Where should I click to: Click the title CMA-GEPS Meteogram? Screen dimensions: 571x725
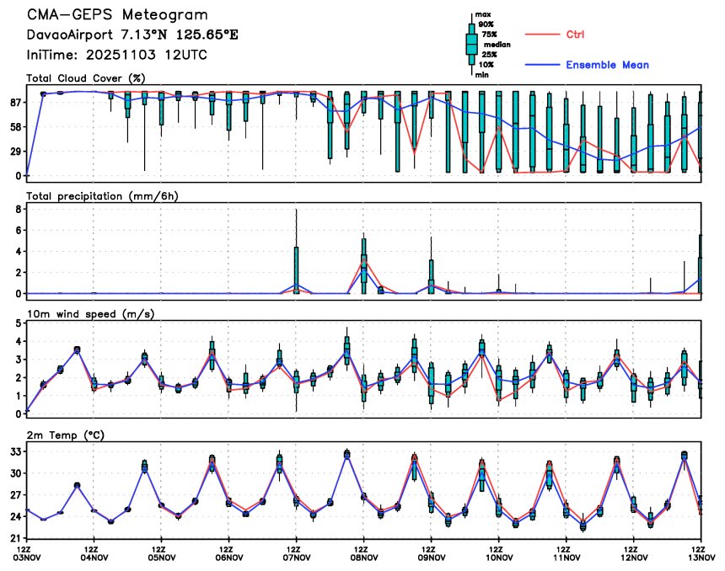click(117, 16)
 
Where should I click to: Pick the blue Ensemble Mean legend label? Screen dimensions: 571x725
click(607, 65)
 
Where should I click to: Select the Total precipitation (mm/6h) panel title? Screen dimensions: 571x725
click(104, 195)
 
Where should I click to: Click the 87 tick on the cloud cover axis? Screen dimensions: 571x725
click(14, 102)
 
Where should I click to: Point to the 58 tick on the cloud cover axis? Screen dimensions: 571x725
click(14, 126)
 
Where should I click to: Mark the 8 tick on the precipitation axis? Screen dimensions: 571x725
click(18, 208)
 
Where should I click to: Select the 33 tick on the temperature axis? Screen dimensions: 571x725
click(14, 451)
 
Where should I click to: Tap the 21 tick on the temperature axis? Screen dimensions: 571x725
click(14, 537)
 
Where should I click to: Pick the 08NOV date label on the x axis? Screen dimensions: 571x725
click(363, 557)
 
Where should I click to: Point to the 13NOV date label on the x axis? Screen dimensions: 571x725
click(700, 557)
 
